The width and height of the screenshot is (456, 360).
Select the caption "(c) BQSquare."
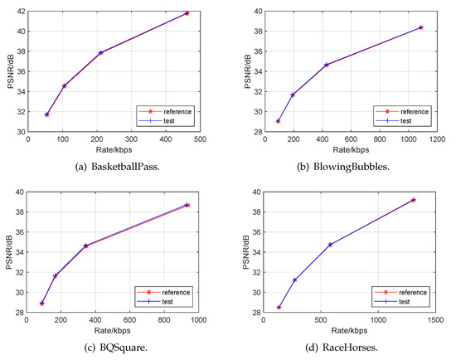[114, 348]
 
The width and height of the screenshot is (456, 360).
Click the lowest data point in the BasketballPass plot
[46, 114]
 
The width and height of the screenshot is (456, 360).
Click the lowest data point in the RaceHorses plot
[279, 308]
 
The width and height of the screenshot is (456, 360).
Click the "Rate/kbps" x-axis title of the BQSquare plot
[114, 331]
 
